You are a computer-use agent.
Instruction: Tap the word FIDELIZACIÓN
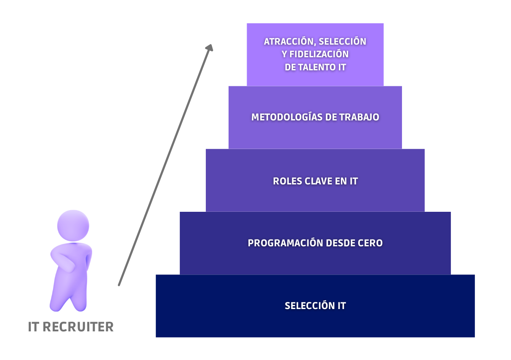pos(319,54)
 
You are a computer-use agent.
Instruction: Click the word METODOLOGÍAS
pos(287,117)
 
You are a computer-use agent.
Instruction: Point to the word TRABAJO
pos(359,117)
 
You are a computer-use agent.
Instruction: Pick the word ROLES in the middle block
pos(287,181)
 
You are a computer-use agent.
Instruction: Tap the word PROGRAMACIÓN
pos(285,243)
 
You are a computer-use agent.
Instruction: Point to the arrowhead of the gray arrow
pos(210,48)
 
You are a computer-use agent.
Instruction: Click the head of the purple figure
pos(73,226)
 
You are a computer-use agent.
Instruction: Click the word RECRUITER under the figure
pos(78,327)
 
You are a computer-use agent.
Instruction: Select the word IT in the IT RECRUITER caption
pos(34,327)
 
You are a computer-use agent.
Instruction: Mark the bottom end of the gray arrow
pos(119,285)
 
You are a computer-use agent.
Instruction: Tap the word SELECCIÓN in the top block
pos(342,42)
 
